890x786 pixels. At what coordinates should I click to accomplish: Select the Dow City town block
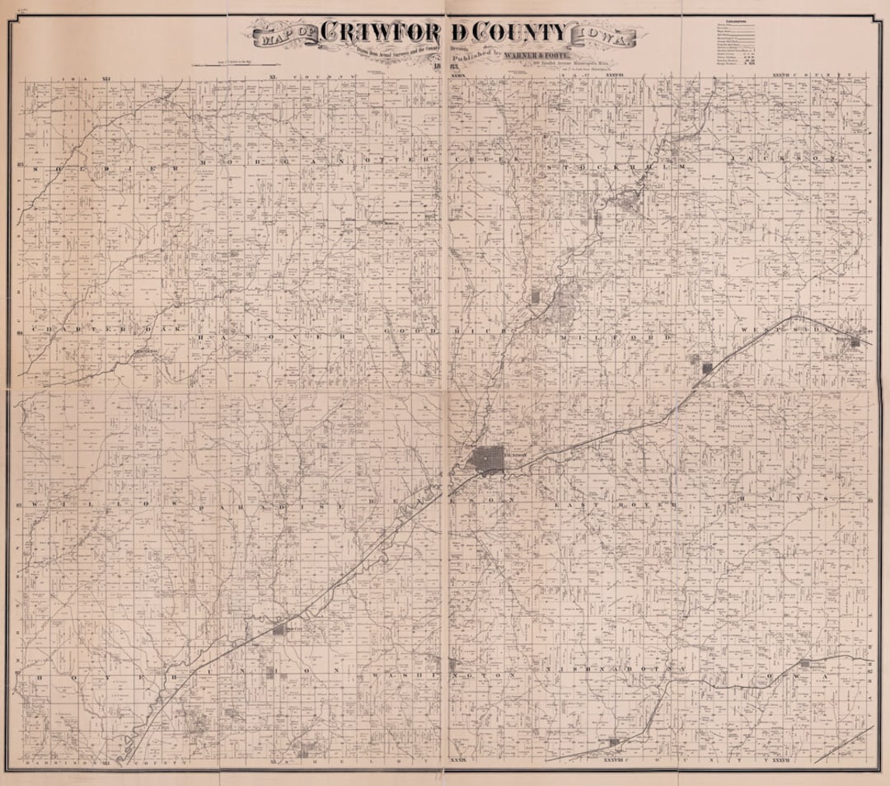pos(279,629)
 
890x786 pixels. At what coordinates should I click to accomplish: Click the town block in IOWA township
pos(805,663)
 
